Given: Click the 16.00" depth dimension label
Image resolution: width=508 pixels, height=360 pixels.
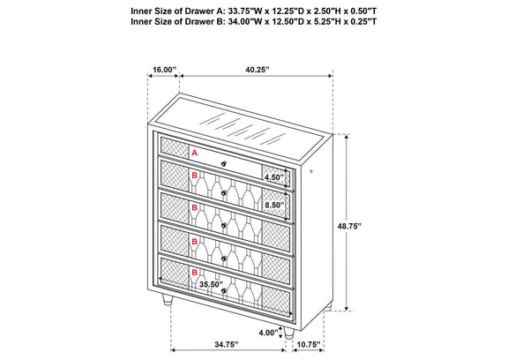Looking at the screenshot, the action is tap(164, 70).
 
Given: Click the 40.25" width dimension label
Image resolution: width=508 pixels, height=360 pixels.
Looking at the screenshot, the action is tap(258, 70).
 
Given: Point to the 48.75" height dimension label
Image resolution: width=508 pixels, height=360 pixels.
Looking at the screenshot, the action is tap(349, 226).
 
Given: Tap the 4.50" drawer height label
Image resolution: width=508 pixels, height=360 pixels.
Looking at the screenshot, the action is tap(274, 177).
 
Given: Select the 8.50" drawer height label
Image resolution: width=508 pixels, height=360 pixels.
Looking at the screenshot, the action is tap(274, 205).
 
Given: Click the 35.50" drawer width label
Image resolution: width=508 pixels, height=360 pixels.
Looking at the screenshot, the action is tap(212, 284).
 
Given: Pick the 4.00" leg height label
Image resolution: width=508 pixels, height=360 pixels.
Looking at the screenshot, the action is tap(269, 333).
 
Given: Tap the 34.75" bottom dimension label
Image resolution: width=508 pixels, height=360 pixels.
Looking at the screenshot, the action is tap(227, 345).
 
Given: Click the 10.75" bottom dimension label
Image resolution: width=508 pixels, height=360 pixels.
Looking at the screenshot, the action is tap(308, 345).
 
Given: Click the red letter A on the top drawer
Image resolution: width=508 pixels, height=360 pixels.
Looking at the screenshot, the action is tap(194, 153).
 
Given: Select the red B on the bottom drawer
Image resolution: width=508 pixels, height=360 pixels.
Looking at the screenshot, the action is tap(194, 273).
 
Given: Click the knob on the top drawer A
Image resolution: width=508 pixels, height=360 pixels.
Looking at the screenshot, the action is tap(223, 163).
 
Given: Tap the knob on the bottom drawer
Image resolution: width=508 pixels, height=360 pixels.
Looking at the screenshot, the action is tap(223, 291).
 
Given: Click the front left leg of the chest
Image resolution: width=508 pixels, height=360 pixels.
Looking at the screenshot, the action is tap(167, 300).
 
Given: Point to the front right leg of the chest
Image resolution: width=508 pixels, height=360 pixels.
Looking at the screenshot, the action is tap(288, 332).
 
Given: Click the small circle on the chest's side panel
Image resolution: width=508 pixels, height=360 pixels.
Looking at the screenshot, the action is tap(311, 171).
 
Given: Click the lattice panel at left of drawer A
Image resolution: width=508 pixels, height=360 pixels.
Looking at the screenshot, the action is tap(175, 147).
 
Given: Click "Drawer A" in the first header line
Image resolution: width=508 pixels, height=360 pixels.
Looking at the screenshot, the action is tap(202, 11).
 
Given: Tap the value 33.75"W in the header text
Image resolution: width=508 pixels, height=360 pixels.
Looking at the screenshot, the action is tap(242, 11).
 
